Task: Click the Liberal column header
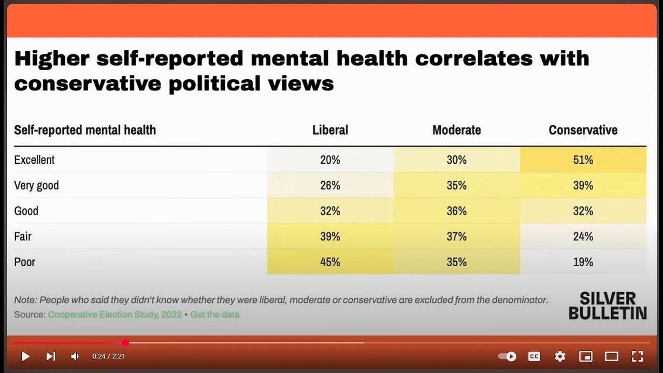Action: (x=330, y=130)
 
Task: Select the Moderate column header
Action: (x=456, y=130)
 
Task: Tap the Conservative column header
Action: (x=583, y=130)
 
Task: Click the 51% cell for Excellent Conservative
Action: (x=583, y=160)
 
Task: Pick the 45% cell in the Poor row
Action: (x=330, y=262)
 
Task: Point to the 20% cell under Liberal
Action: (x=330, y=160)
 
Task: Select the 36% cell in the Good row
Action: (x=456, y=211)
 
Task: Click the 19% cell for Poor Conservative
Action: (x=583, y=262)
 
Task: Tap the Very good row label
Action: (x=36, y=185)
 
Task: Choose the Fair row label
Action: (x=23, y=236)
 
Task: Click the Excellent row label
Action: (x=34, y=160)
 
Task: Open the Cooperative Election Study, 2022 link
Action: (x=115, y=314)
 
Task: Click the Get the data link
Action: (x=214, y=314)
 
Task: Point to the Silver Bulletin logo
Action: (x=608, y=306)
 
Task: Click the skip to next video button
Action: (x=50, y=356)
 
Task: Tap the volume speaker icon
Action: (x=75, y=356)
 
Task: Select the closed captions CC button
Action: (x=534, y=356)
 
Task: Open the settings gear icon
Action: (x=560, y=356)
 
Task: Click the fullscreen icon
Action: (x=637, y=356)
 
